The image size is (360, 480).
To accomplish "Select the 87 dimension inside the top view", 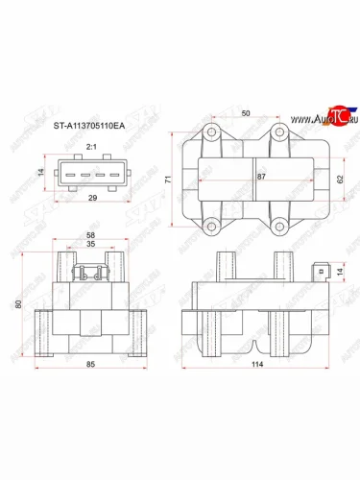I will coord(261,178).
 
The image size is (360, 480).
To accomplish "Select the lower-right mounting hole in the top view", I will coord(279,228).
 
